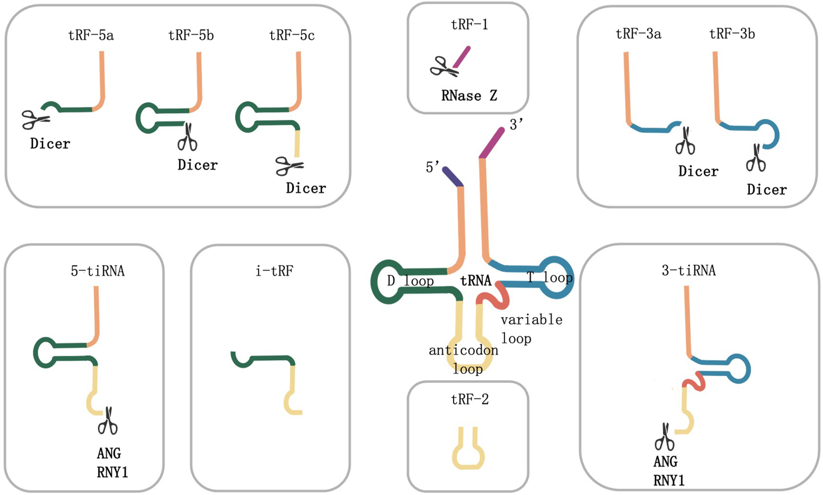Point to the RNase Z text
(x=469, y=96)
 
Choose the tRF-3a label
(x=638, y=34)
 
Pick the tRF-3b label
(x=732, y=34)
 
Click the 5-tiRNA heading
(x=98, y=271)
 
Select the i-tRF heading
(x=274, y=271)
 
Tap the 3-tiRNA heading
(x=689, y=270)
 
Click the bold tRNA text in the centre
(x=475, y=280)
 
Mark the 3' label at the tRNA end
(x=516, y=124)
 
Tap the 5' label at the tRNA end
(x=433, y=167)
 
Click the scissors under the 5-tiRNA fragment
(x=108, y=420)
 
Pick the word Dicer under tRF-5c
(x=306, y=188)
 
